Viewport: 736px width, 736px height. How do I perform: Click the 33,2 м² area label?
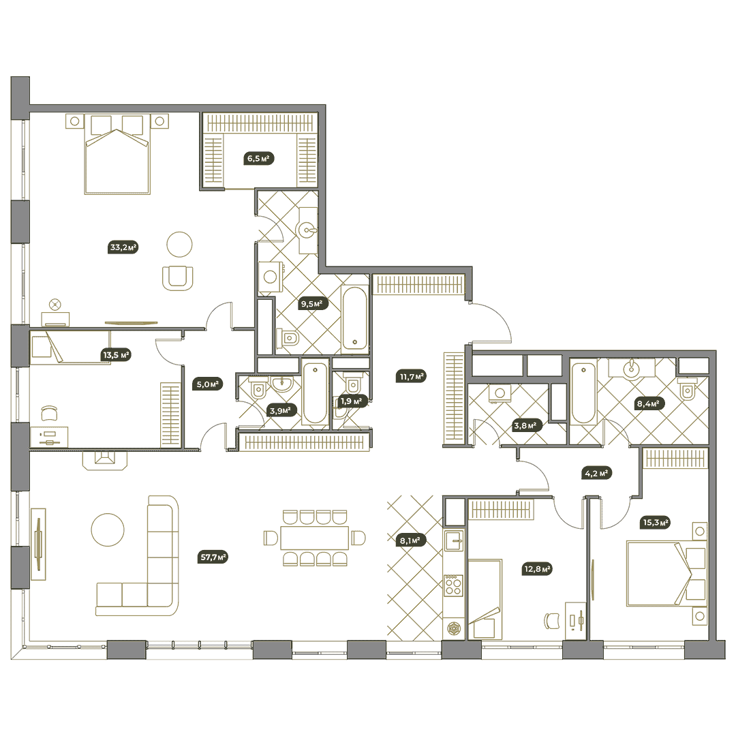123,247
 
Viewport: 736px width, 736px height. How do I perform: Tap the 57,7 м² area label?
213,557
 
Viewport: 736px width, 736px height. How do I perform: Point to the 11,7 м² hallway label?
412,376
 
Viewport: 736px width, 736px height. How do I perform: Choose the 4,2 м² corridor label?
596,473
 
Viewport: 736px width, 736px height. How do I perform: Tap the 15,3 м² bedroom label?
656,522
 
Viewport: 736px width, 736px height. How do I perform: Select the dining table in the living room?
314,538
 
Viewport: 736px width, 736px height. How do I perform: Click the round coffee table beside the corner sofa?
108,530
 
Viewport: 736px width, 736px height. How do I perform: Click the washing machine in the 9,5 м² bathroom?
271,276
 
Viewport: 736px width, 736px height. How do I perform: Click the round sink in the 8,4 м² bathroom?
632,369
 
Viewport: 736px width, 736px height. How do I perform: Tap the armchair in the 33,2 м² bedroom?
178,278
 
